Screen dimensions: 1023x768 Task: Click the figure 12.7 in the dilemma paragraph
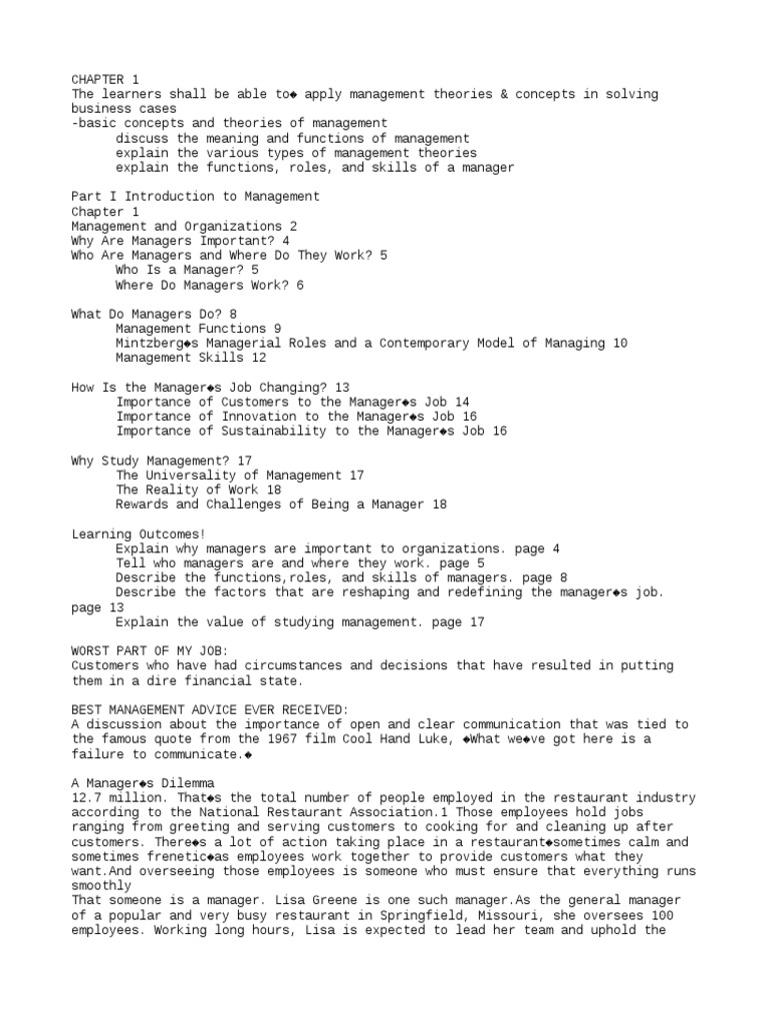click(86, 797)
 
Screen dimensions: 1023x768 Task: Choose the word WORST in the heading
click(90, 650)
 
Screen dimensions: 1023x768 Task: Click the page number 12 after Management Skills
click(258, 358)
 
